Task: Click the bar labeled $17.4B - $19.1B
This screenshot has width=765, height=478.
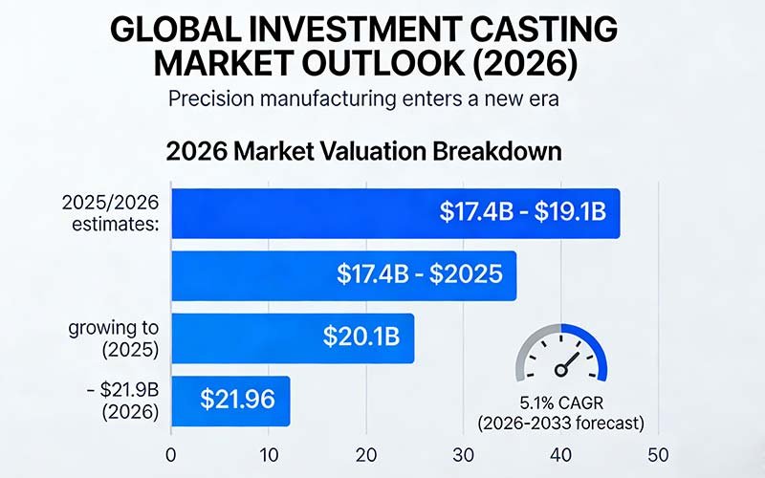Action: tap(395, 213)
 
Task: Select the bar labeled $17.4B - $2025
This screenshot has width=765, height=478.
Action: tap(343, 275)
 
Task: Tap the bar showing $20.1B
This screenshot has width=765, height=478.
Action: tap(292, 337)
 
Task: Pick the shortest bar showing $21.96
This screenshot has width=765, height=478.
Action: tap(229, 400)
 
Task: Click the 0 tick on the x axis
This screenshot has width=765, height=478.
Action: tap(170, 454)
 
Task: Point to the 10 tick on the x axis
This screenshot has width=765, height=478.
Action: tap(269, 454)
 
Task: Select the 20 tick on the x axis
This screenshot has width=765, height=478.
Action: tap(366, 454)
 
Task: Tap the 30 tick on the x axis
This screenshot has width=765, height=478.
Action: tap(464, 454)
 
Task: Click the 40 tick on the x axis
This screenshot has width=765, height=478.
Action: tap(560, 454)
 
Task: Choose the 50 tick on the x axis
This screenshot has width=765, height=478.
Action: tap(658, 454)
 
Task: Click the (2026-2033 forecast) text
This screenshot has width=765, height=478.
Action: tap(560, 421)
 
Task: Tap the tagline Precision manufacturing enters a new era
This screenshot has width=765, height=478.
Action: tap(363, 98)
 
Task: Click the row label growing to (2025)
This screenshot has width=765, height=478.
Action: tap(113, 338)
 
